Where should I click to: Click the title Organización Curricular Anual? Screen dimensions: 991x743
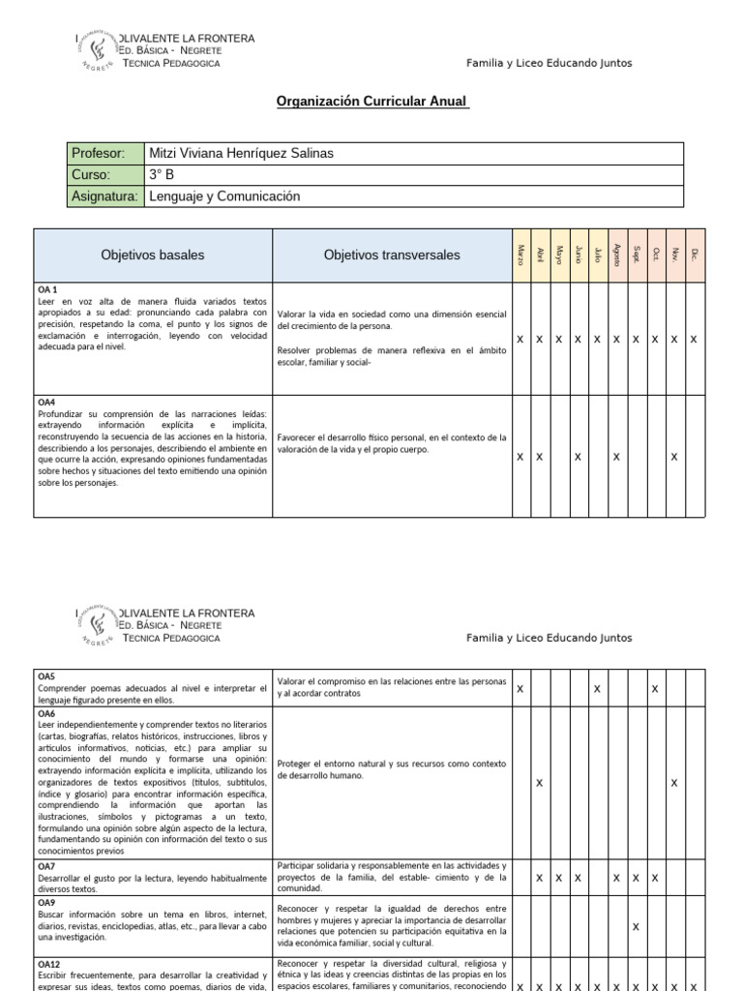[x=372, y=101]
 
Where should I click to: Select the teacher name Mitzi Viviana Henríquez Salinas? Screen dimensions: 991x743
[x=242, y=154]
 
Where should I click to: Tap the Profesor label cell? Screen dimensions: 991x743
[x=98, y=154]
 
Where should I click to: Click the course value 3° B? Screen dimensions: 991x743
[x=162, y=175]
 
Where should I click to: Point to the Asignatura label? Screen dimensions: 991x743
[x=105, y=196]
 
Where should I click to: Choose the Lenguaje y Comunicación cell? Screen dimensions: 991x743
[x=224, y=196]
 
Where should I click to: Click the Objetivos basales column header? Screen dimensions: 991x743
[x=153, y=255]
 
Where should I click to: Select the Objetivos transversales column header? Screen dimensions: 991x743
[x=392, y=255]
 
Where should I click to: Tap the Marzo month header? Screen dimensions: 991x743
[x=520, y=255]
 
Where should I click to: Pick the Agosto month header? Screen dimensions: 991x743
[x=616, y=255]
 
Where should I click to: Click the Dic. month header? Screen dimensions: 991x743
[x=694, y=255]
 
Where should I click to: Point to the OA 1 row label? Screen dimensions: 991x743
[x=47, y=290]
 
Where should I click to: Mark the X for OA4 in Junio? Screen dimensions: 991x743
[x=578, y=457]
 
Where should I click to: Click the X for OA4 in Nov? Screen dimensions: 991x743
[x=674, y=457]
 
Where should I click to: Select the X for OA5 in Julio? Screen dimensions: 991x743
[x=597, y=689]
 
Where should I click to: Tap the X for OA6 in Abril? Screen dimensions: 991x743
[x=539, y=782]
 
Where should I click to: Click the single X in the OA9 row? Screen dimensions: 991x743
[x=636, y=927]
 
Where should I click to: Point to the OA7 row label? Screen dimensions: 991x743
[x=46, y=866]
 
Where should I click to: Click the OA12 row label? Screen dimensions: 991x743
[x=48, y=965]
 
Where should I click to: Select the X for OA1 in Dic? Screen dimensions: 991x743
[x=694, y=340]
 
